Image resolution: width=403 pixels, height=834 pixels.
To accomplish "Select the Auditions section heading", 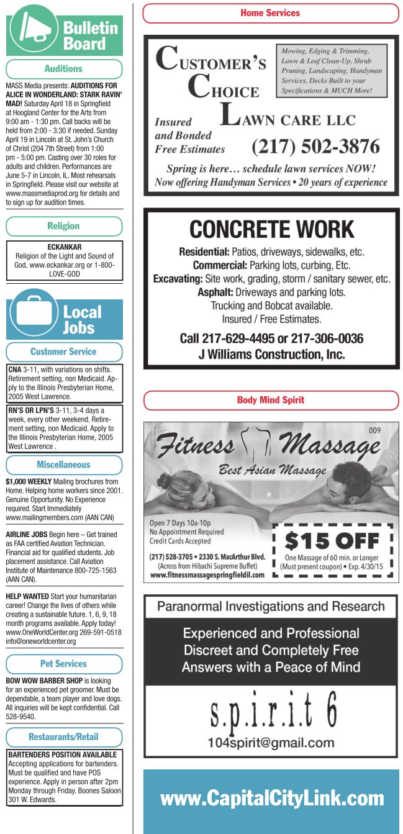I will [x=64, y=69].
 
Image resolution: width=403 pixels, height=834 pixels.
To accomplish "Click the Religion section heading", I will [x=64, y=226].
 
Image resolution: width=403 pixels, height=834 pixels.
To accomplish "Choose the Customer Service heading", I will [x=64, y=351].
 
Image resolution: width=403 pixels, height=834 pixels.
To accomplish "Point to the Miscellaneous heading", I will [x=64, y=465].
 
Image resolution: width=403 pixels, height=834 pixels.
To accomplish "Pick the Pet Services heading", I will [x=64, y=664].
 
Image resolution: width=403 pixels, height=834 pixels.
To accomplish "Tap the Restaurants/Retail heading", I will [x=64, y=737].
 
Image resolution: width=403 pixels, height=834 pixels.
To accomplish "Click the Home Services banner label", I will [x=270, y=13].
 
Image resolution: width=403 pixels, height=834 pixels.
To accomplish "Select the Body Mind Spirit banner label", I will [x=270, y=400].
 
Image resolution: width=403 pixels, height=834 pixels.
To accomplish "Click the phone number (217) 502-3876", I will [x=315, y=147].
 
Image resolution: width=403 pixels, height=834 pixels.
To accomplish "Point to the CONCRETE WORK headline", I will [x=271, y=229].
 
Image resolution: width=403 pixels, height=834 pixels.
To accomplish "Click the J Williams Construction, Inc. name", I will [x=271, y=355].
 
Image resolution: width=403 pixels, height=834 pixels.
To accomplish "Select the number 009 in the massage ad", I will [x=374, y=430].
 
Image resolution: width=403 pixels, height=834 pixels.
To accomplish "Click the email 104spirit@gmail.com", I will [x=271, y=743].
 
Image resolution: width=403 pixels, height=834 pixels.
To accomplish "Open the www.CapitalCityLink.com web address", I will [x=272, y=799].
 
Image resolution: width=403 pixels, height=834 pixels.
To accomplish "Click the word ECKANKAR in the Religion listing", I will [x=64, y=247].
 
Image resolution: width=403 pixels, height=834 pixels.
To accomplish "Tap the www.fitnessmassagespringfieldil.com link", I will [x=207, y=574].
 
